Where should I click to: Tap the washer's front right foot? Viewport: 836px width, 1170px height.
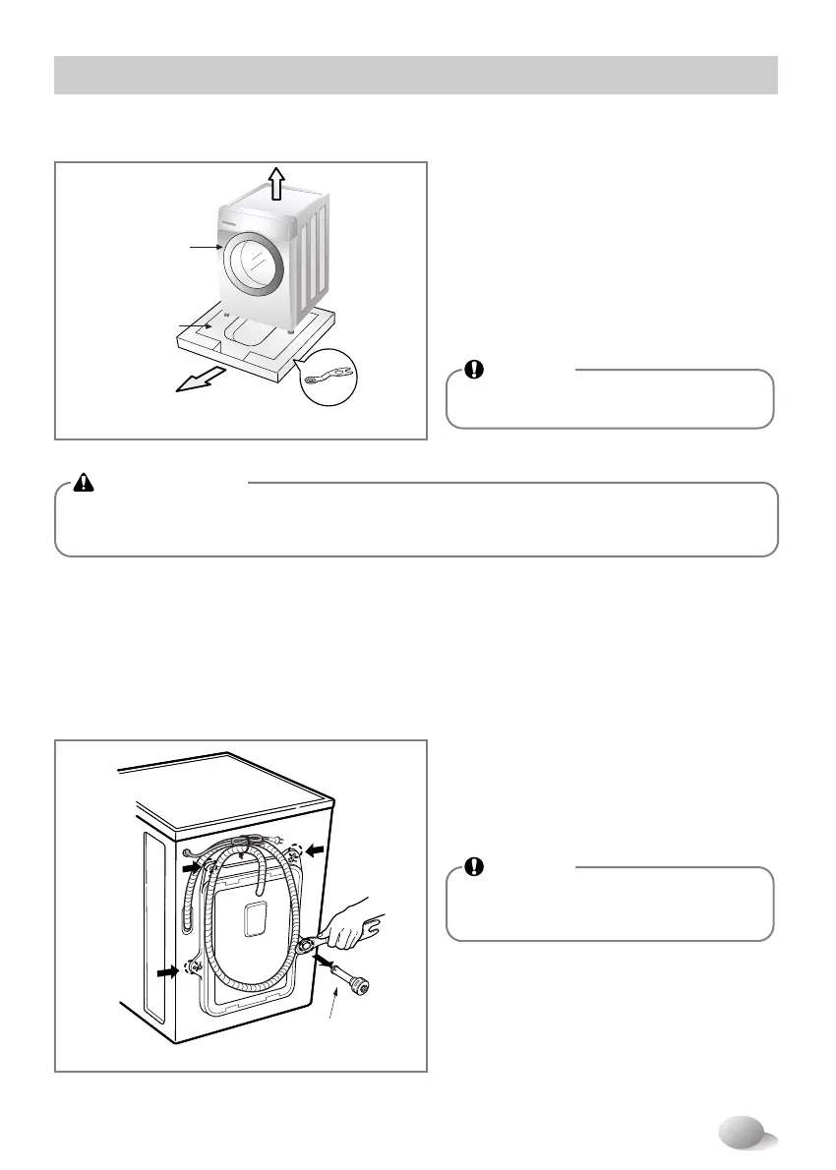tap(291, 330)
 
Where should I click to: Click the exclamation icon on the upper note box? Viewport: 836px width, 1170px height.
tap(474, 370)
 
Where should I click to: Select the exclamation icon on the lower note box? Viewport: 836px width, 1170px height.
tap(474, 867)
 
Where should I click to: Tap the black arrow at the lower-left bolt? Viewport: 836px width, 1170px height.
tap(169, 972)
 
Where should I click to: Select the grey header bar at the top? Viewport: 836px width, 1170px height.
tap(416, 76)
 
